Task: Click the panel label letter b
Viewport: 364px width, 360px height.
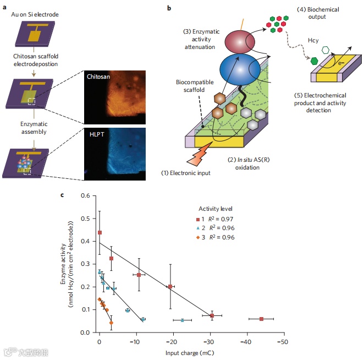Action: pos(169,8)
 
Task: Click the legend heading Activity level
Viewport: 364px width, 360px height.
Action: pos(216,209)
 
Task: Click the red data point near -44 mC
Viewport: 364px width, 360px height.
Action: pos(261,319)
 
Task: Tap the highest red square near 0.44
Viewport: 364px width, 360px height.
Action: pos(100,233)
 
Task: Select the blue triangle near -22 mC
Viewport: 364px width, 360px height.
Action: pos(183,320)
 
